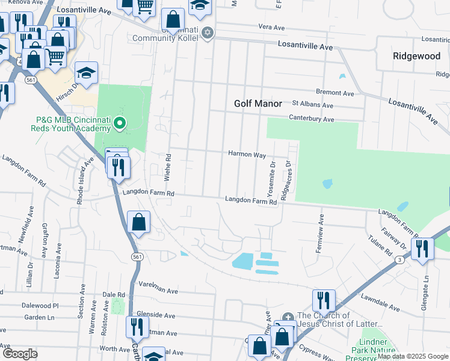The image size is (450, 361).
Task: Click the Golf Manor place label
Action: point(257,103)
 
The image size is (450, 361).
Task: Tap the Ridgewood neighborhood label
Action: point(416,56)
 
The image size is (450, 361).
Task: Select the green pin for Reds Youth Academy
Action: point(120,125)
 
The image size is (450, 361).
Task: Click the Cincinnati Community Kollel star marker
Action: point(208,33)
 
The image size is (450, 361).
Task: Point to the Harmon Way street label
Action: point(247,155)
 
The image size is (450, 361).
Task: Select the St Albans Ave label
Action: point(312,105)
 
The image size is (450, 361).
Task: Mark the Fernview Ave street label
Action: point(321,233)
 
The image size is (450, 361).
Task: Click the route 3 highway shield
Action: point(399,259)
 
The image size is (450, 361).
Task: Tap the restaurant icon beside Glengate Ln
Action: point(422,248)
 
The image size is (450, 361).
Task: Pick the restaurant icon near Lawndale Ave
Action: point(324,300)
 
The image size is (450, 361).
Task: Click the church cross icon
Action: point(288,316)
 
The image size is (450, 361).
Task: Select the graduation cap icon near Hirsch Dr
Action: point(86,73)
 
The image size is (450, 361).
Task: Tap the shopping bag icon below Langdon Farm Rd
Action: point(138,221)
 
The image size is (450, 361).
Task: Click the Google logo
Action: point(20,354)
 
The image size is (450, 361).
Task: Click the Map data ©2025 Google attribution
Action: point(413,356)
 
